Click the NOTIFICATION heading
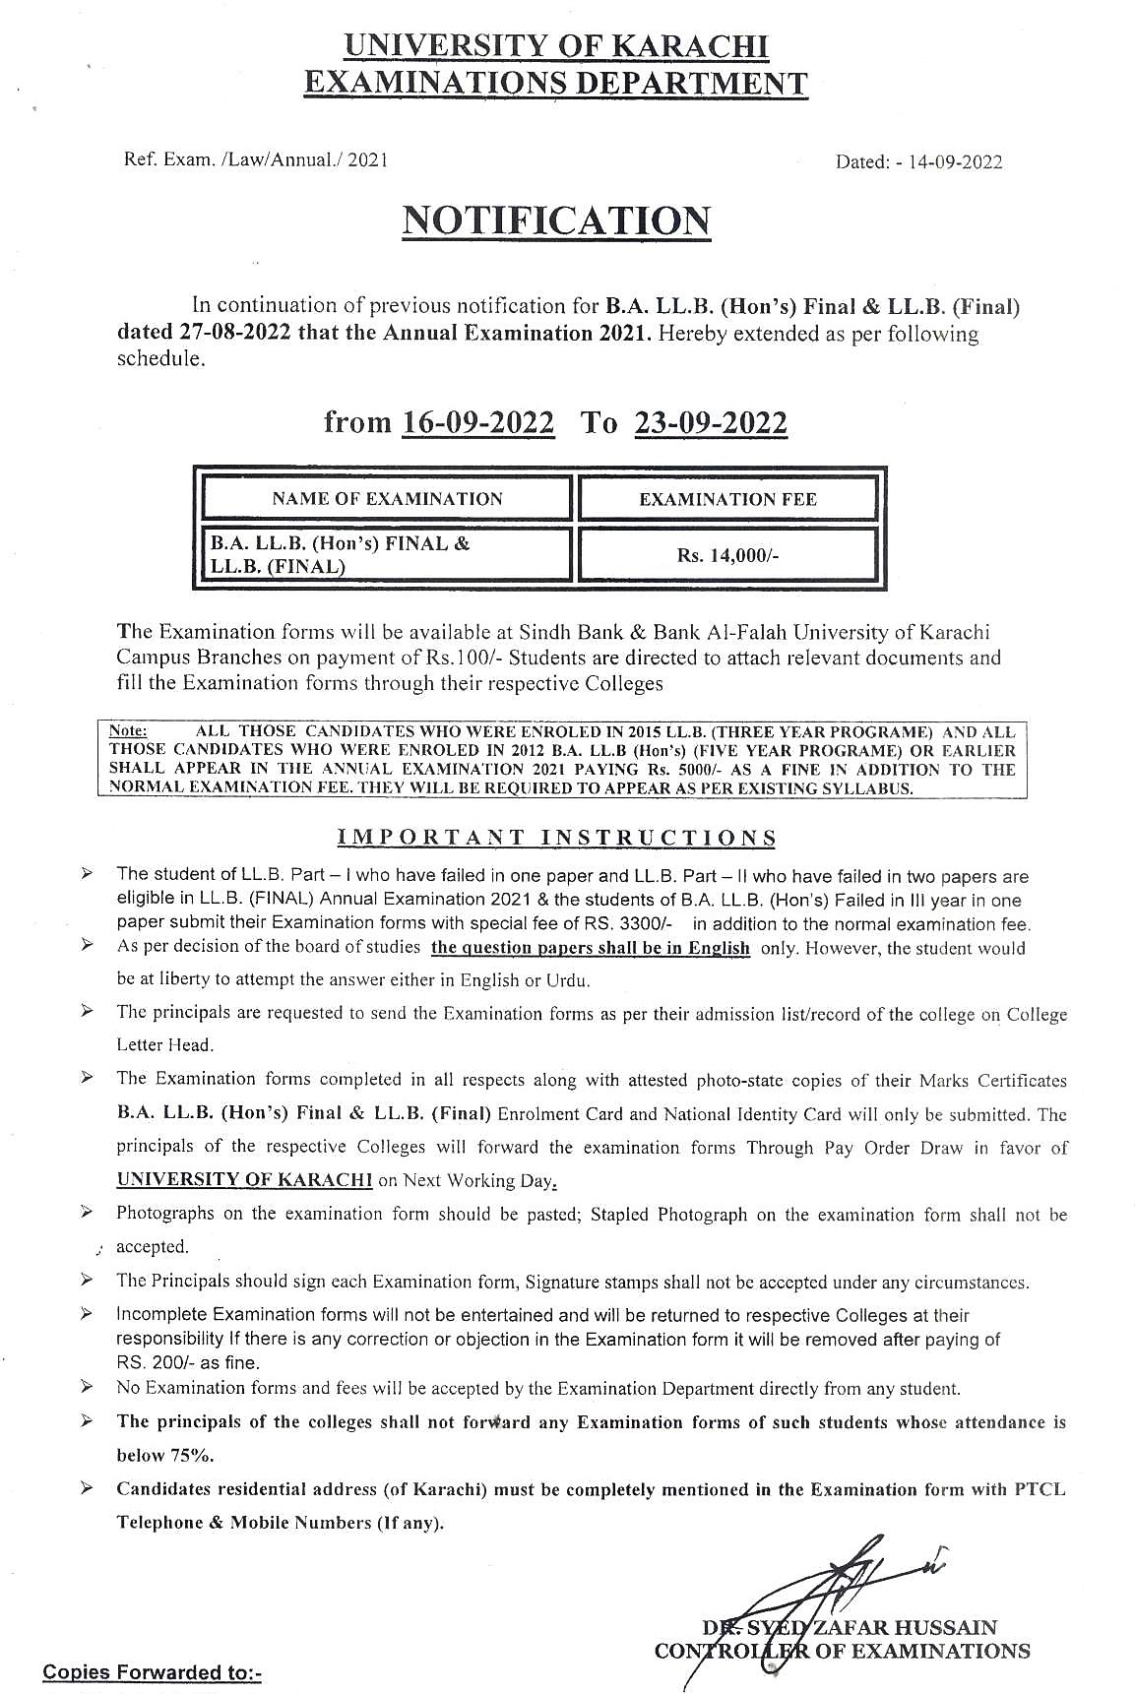pyautogui.click(x=556, y=220)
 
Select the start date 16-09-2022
pyautogui.click(x=478, y=423)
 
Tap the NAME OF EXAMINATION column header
pyautogui.click(x=387, y=499)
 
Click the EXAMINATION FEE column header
pyautogui.click(x=727, y=499)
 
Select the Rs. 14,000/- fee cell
pyautogui.click(x=727, y=555)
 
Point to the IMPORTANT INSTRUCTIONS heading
pyautogui.click(x=556, y=838)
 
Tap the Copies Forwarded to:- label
pyautogui.click(x=152, y=1672)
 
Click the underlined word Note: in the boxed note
pyautogui.click(x=128, y=731)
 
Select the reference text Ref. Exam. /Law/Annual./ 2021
pyautogui.click(x=255, y=159)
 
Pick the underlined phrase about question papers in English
pyautogui.click(x=591, y=949)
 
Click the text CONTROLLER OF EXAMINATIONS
pyautogui.click(x=843, y=1651)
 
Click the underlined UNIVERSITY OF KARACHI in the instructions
pyautogui.click(x=244, y=1180)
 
